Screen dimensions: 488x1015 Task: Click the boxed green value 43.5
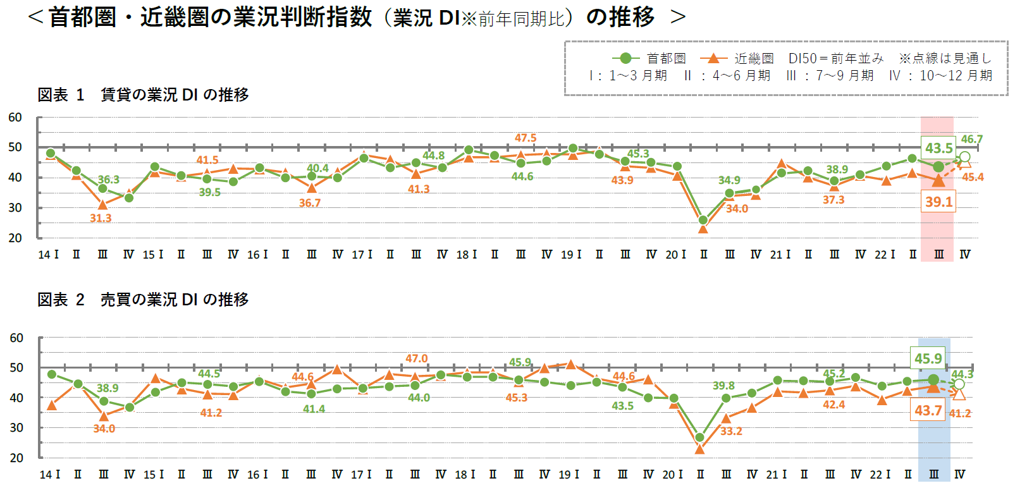(938, 148)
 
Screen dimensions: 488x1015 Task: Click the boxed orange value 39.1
(938, 202)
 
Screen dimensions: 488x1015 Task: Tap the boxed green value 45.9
(928, 358)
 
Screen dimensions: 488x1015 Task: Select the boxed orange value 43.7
(928, 410)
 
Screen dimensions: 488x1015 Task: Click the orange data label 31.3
(101, 218)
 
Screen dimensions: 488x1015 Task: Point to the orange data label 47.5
(525, 138)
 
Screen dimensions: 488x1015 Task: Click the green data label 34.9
(729, 180)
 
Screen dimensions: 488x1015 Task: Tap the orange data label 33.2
(731, 431)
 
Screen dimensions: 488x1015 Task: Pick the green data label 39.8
(723, 386)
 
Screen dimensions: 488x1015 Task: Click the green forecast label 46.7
(971, 139)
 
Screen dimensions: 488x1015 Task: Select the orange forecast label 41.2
(960, 413)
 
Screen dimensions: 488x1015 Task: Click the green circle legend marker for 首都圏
(625, 58)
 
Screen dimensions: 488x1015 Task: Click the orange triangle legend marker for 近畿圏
(713, 58)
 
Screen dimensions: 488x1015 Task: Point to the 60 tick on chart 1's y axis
(15, 117)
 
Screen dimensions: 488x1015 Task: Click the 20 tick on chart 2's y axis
(16, 458)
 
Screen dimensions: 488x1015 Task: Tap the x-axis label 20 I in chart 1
(675, 254)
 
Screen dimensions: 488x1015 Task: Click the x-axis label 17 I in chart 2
(361, 474)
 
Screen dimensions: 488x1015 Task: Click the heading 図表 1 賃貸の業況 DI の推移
(143, 95)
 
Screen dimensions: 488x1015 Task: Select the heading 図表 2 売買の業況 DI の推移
(143, 300)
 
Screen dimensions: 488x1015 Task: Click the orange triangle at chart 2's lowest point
(699, 449)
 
